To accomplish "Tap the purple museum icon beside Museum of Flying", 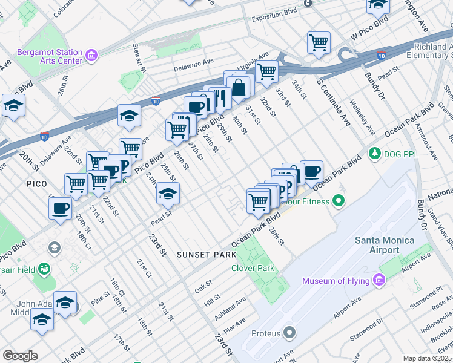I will (x=380, y=280).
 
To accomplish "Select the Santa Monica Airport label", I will (x=385, y=245).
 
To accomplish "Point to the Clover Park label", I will (x=253, y=268).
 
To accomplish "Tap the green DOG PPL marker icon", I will (x=375, y=151).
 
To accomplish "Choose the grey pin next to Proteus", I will (x=289, y=333).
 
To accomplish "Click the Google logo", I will (x=21, y=356).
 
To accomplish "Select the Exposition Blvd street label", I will (x=274, y=11).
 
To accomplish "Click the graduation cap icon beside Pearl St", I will (x=168, y=194).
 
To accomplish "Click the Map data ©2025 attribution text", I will (x=427, y=358).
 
